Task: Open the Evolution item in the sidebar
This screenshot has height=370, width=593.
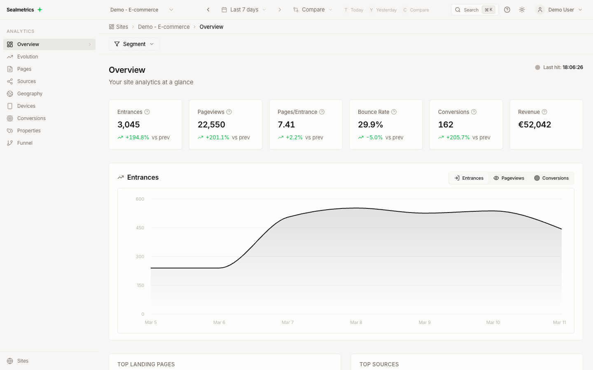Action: pos(28,57)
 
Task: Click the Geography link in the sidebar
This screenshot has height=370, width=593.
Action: pos(30,94)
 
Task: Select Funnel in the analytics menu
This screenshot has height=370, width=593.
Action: pos(25,143)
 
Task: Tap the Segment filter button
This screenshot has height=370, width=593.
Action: pos(134,44)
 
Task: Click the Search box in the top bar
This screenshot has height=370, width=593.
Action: pos(474,10)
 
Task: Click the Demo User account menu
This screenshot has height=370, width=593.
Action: pos(560,10)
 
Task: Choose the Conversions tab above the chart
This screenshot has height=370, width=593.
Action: pos(551,178)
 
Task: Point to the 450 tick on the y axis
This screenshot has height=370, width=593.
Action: pos(140,228)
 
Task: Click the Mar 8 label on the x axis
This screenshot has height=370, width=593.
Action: pos(356,322)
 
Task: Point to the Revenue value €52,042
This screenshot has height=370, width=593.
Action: pos(534,125)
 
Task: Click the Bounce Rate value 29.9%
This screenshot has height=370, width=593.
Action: pos(370,125)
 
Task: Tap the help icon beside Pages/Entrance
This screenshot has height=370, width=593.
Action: pos(322,112)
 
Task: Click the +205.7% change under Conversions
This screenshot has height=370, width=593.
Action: pos(458,137)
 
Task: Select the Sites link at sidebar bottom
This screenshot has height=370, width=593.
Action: pos(23,361)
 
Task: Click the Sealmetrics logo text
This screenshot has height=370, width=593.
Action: pos(20,10)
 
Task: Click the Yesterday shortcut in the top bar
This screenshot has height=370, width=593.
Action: pos(386,10)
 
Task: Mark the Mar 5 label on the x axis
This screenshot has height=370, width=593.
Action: pos(151,322)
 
